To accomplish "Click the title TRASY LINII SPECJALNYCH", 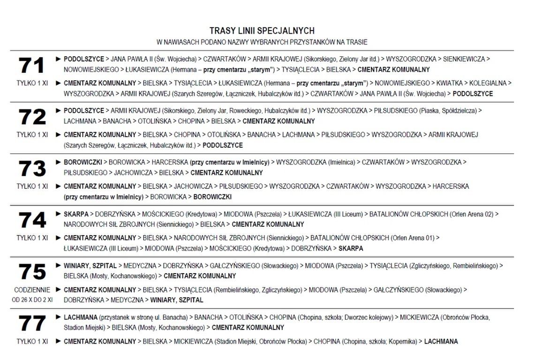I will click(262, 31).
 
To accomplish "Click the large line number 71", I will click(31, 65).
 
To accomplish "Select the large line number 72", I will click(31, 117).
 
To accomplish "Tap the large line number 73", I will click(31, 169).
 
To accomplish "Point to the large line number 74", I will click(31, 220).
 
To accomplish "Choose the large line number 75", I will click(31, 272).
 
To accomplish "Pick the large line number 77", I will click(31, 323).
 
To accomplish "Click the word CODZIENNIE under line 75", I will click(31, 290).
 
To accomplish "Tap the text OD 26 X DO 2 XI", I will click(31, 299).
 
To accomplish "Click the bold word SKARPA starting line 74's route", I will click(75, 214).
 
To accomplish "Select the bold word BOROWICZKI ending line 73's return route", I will click(212, 197).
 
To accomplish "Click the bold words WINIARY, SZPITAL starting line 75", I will click(90, 266).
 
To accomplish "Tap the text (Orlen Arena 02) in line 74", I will click(471, 214).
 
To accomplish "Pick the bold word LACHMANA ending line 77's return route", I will click(441, 341).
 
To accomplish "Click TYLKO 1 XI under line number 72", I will click(31, 135).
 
